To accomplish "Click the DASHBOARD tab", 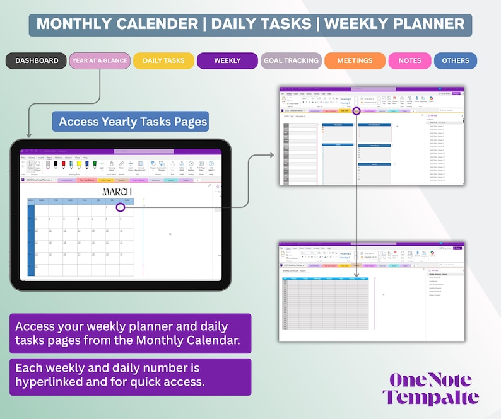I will click(x=36, y=61).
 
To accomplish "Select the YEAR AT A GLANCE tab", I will click(x=99, y=61).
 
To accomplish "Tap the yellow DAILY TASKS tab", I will click(x=163, y=61).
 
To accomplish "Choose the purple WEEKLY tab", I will click(x=227, y=61).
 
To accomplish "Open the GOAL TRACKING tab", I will click(x=291, y=61).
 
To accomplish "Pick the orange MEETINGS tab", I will click(x=355, y=61).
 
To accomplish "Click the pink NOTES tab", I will click(x=410, y=61).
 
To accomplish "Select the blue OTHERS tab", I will click(x=455, y=61).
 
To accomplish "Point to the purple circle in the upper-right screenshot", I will click(x=357, y=111).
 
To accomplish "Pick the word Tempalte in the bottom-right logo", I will click(x=430, y=398).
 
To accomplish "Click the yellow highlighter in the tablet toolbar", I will click(x=71, y=165).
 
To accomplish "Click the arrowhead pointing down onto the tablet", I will click(x=28, y=135).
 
